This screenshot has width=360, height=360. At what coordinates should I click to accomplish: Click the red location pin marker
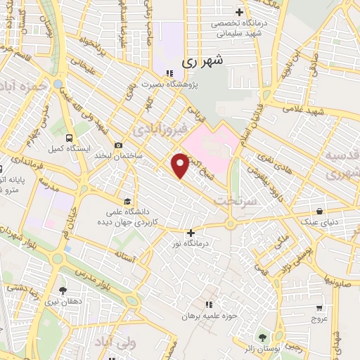(181, 165)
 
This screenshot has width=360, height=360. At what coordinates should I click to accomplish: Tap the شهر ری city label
(206, 61)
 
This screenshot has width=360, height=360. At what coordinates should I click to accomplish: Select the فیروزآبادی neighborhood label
(160, 130)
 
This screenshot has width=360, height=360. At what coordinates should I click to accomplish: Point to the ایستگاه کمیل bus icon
(69, 138)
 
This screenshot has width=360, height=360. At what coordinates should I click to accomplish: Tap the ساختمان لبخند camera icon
(117, 144)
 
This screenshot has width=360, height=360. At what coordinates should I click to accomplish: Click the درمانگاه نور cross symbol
(190, 232)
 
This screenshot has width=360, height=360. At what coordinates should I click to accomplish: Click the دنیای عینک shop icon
(320, 211)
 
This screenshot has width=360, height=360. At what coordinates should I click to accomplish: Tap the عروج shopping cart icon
(319, 307)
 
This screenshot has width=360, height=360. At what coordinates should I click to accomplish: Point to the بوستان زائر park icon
(263, 337)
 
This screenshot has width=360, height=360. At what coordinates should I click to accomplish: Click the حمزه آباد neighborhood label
(24, 86)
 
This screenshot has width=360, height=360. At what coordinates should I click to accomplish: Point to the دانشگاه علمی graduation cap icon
(127, 200)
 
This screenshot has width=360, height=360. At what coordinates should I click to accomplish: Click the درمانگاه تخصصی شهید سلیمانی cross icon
(239, 12)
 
